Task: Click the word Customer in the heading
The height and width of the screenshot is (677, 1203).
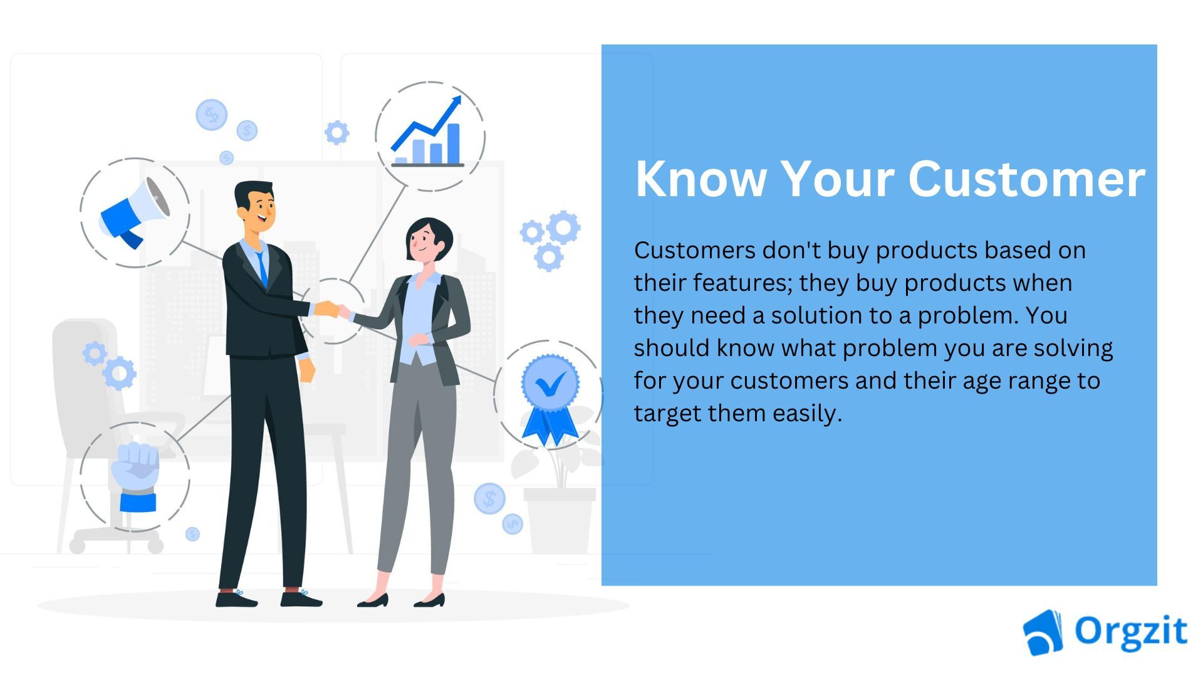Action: [1026, 179]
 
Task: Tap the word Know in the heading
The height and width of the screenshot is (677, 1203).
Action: [700, 179]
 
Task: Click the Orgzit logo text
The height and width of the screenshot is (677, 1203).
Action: [1130, 631]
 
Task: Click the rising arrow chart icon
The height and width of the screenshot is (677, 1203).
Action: [429, 135]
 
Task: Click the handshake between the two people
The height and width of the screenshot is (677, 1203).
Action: [331, 310]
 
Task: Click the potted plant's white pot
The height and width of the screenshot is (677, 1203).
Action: [560, 520]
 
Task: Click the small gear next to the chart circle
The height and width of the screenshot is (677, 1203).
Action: [336, 132]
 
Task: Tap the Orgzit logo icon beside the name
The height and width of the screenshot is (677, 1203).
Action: [1043, 632]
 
